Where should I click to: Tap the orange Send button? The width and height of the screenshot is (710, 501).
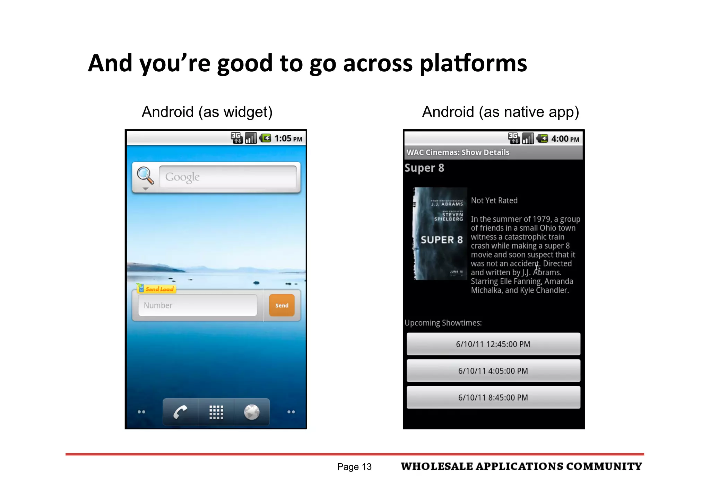pos(282,305)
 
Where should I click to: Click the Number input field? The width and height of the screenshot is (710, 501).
pos(198,305)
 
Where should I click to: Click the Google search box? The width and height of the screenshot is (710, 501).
pos(227,177)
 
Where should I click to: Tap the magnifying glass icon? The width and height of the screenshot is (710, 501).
pos(145,176)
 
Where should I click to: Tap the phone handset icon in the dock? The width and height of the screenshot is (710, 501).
pos(180,412)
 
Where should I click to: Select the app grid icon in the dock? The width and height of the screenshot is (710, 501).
pos(216,412)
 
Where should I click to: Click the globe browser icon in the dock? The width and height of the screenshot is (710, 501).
pos(252,412)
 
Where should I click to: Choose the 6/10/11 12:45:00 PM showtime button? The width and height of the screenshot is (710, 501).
pos(493,344)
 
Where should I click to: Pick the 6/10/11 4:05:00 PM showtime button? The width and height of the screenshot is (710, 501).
pos(493,371)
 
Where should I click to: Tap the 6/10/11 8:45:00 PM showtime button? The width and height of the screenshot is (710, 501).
pos(493,397)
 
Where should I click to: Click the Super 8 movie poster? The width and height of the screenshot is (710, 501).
pos(439,234)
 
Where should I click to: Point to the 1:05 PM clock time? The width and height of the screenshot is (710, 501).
pos(288,139)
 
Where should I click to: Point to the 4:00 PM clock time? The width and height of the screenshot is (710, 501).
pos(565,139)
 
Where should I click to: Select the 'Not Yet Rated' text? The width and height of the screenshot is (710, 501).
pos(494,200)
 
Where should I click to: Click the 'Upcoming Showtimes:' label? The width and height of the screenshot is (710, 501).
pos(443,323)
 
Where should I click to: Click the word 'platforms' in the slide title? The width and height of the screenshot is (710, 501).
pos(473,63)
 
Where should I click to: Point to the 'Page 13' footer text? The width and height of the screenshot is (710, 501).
pos(354,467)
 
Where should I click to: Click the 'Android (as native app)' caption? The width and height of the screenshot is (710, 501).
pos(500,112)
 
